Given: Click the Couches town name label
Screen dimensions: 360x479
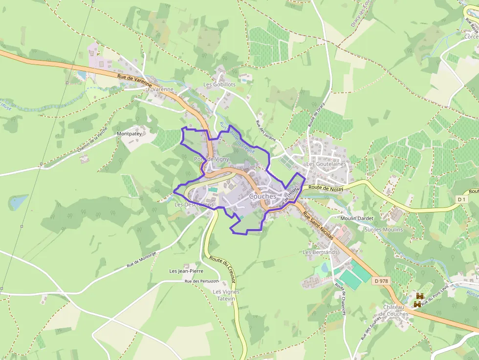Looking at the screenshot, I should coord(262,196).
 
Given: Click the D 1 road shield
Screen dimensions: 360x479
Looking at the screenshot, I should coord(461,199).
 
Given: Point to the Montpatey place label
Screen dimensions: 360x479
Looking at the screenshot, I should coord(129,133).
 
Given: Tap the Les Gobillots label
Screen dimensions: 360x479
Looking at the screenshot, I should coord(219,85).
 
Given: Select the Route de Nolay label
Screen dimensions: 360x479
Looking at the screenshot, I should coord(326,188).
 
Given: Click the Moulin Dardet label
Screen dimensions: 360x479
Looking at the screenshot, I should coord(357,218).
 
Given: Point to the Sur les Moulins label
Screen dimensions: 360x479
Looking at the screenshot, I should coord(384,229).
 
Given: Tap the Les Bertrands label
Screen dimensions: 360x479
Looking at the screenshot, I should coord(321,252).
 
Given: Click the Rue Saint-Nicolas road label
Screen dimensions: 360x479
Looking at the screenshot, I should coord(318,225).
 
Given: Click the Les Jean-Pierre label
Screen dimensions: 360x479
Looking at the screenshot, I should coord(186,271).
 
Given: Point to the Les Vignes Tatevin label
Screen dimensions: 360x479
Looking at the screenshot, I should coord(226,295).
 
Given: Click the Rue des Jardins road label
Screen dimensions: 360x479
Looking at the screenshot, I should coord(265,130).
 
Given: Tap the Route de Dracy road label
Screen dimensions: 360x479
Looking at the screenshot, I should coord(313,117).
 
